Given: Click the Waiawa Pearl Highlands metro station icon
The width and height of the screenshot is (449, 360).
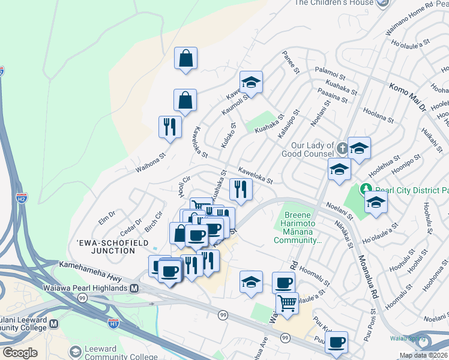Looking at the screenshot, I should tap(134, 288).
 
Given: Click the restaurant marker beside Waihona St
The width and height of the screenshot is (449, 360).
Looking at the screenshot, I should tap(170, 126).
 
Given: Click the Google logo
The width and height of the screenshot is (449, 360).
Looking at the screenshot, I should tap(19, 353).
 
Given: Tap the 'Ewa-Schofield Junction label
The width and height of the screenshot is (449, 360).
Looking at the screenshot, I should tap(106, 247).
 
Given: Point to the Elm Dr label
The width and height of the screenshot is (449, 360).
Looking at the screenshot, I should tap(107, 214).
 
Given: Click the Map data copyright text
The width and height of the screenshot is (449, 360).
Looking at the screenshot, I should tap(423, 355).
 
